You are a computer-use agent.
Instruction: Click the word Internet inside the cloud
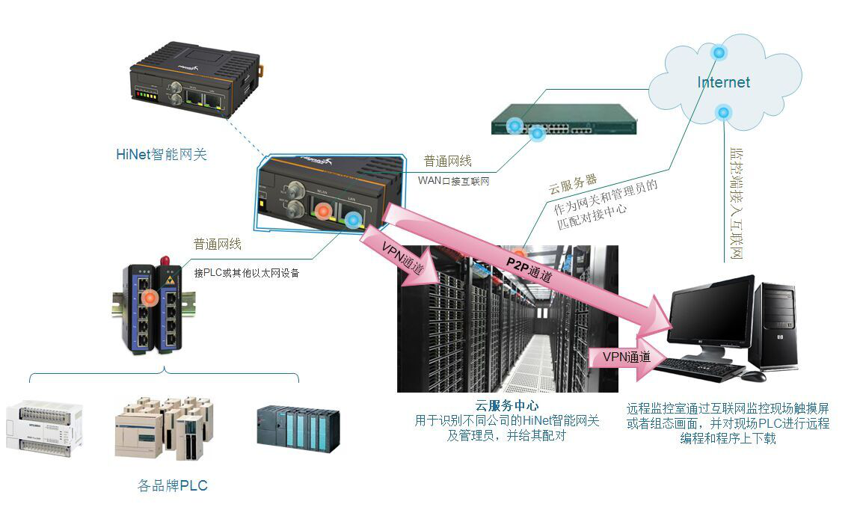click(723, 82)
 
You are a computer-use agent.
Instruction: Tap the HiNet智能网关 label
click(161, 155)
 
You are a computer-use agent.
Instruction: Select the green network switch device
click(563, 119)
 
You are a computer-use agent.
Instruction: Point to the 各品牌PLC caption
click(173, 486)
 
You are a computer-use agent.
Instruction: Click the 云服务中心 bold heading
click(507, 407)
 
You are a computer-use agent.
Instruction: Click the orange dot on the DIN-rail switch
click(150, 298)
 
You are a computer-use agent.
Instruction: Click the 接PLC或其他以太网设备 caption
click(246, 273)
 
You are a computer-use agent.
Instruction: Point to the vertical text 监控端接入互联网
click(736, 202)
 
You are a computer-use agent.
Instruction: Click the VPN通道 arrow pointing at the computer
click(627, 357)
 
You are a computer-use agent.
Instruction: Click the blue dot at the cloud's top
click(719, 52)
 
